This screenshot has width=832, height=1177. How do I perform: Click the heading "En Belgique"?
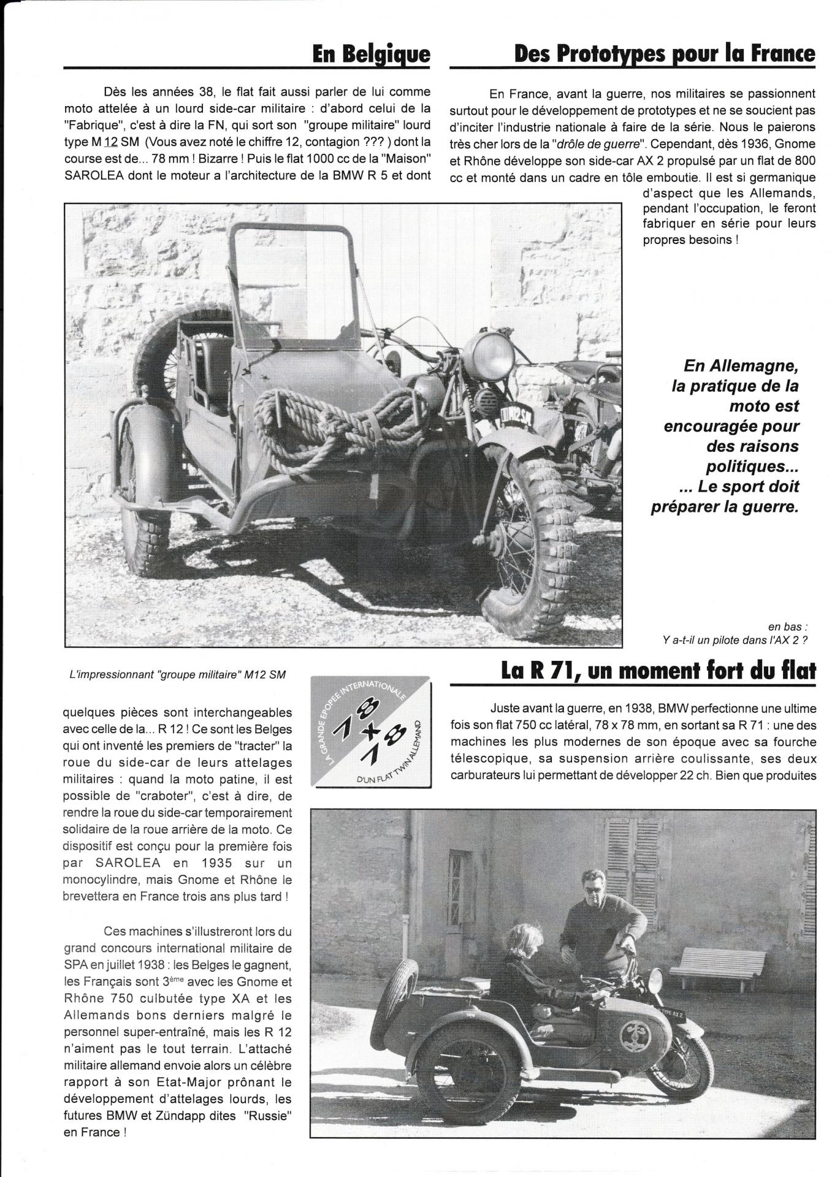pos(371,54)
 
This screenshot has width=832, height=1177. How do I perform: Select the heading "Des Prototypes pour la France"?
pos(665,54)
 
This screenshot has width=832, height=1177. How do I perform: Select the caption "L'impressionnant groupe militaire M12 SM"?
pos(177,674)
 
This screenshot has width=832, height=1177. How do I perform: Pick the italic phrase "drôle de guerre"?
pos(587,145)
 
